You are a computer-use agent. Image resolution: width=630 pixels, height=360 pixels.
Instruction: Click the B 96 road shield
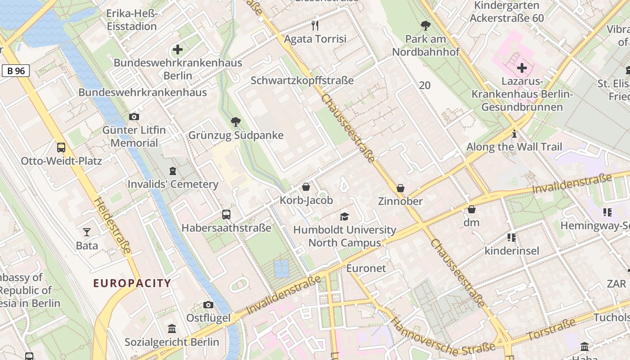[x=16, y=71]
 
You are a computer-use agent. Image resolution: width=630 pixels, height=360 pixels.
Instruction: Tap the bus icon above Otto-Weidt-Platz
[x=61, y=148]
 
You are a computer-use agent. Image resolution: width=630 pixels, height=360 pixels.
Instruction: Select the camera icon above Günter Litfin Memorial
[x=134, y=117]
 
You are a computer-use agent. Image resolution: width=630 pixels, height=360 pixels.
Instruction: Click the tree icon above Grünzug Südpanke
[x=235, y=121]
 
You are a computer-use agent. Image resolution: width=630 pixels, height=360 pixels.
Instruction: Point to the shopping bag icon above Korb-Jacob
[x=306, y=187]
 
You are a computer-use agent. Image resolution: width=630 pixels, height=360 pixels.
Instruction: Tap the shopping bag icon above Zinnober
[x=400, y=188]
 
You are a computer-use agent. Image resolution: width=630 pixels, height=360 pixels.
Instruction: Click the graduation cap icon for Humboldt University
[x=344, y=216]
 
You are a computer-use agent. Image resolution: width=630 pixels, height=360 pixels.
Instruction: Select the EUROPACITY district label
[x=132, y=283]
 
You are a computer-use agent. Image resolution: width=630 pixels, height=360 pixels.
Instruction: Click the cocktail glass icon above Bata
[x=87, y=232]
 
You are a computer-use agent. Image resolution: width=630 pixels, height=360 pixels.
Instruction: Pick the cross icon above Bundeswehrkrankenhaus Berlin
[x=178, y=49]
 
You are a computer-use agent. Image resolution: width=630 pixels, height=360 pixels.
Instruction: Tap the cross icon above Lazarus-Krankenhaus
[x=522, y=68]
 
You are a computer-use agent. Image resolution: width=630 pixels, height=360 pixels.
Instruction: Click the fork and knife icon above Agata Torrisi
[x=315, y=26]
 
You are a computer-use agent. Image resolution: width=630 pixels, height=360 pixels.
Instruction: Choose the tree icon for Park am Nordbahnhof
[x=425, y=26]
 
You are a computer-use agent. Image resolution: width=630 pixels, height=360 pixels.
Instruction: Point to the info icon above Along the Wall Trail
[x=514, y=134]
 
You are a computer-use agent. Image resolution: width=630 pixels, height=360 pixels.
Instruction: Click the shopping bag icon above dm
[x=472, y=209]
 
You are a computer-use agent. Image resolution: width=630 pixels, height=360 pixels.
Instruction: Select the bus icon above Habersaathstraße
[x=226, y=215]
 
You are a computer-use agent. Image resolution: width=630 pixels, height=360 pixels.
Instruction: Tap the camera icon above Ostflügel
[x=208, y=305]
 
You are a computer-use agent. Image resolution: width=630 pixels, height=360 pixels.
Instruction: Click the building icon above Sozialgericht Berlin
[x=171, y=329]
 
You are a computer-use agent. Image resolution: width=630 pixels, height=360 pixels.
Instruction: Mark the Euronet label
[x=366, y=269]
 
